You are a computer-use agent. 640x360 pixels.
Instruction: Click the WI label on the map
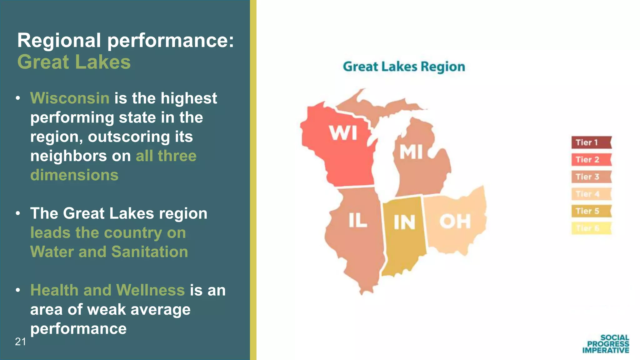click(x=343, y=133)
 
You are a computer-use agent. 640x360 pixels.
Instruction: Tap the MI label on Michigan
click(x=411, y=152)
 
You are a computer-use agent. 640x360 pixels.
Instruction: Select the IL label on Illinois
click(x=358, y=220)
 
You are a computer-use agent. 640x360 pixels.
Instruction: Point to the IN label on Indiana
click(x=404, y=222)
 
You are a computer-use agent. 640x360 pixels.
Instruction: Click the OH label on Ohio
click(x=455, y=221)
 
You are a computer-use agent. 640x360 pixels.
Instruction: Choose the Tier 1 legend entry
click(x=591, y=142)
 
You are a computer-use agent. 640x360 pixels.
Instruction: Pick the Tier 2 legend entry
click(x=591, y=160)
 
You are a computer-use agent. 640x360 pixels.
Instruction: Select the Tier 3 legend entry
click(x=591, y=177)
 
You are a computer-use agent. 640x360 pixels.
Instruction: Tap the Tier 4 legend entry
click(x=591, y=194)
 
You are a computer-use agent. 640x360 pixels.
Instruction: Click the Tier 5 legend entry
click(x=591, y=211)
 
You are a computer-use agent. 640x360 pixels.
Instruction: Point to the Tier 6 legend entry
click(x=591, y=228)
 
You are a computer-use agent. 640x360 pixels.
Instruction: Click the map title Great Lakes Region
click(x=404, y=67)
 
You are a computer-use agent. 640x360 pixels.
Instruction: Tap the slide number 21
click(x=21, y=342)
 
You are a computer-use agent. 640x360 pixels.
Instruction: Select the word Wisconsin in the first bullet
click(x=70, y=98)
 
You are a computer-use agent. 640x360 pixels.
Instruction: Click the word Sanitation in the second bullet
click(x=150, y=252)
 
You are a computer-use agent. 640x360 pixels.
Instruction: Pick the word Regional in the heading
click(x=59, y=40)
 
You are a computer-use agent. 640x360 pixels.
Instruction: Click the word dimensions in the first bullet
click(x=74, y=175)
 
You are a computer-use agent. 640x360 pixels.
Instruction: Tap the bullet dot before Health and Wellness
click(x=18, y=290)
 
